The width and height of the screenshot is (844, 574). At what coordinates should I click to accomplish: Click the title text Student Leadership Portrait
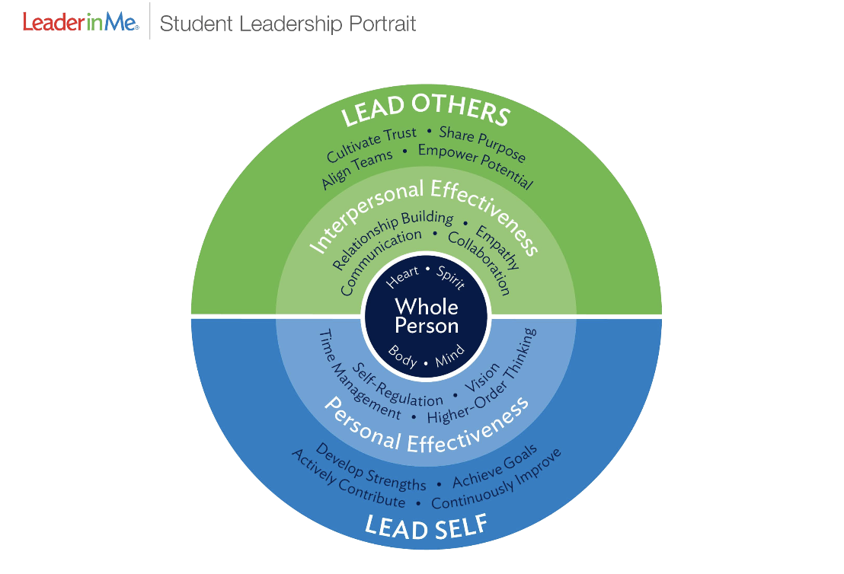click(x=288, y=24)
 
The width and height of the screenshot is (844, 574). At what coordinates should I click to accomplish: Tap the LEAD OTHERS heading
click(x=425, y=110)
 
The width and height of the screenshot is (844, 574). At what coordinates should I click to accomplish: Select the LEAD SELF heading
click(x=426, y=526)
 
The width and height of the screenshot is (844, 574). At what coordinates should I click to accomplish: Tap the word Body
click(x=403, y=356)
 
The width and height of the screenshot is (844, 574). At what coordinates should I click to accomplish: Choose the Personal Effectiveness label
click(x=425, y=426)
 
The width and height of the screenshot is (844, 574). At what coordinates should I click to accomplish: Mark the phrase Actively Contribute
click(x=348, y=480)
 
